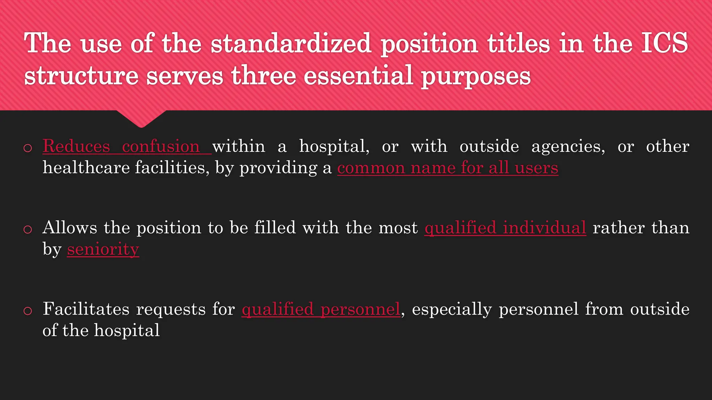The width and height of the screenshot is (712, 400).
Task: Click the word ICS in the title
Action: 664,43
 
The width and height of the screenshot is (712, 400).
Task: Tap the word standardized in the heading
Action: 291,43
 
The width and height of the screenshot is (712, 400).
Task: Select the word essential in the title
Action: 358,75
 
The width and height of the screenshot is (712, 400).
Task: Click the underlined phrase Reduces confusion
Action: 122,146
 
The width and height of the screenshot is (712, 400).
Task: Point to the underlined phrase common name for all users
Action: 447,168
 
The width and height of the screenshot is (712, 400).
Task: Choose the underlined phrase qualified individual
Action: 505,228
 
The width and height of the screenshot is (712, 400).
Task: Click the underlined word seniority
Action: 103,249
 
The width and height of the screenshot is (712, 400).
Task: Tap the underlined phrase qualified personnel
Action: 321,309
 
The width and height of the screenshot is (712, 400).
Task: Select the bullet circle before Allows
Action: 28,230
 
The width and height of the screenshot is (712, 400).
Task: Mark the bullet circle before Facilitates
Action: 28,311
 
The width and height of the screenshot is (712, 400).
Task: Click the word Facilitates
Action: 86,309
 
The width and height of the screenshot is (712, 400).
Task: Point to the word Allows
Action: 70,228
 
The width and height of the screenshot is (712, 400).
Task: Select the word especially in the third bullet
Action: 452,309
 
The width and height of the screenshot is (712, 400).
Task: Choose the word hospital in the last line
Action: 127,330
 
